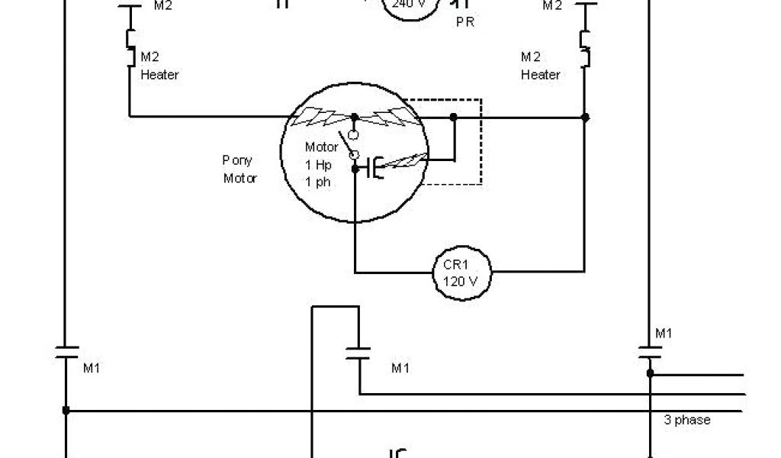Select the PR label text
[x=464, y=22]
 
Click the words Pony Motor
[x=239, y=169]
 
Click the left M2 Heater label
[x=159, y=66]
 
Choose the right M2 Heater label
[x=540, y=66]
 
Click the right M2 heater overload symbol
[x=585, y=46]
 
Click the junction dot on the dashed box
[x=454, y=117]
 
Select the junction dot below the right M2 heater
[x=585, y=117]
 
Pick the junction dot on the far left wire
[x=66, y=411]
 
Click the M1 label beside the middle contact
[x=400, y=368]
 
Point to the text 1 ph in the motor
[x=319, y=182]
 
